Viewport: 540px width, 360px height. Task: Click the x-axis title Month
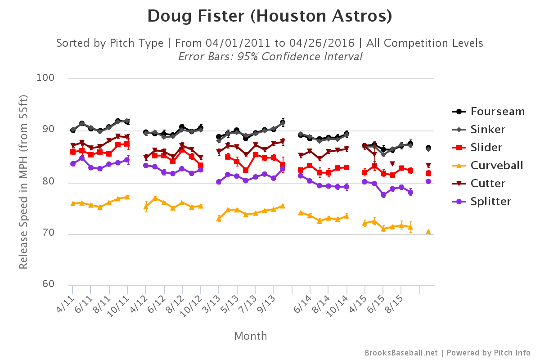point(250,336)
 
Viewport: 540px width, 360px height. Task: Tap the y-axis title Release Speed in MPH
point(24,182)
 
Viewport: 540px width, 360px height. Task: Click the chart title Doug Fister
point(270,17)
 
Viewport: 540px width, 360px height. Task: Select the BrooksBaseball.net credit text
point(401,353)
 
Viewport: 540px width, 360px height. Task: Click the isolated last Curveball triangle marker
point(428,232)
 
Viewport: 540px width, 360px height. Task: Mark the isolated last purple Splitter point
point(428,181)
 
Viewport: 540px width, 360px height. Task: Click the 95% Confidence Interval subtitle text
point(270,57)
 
